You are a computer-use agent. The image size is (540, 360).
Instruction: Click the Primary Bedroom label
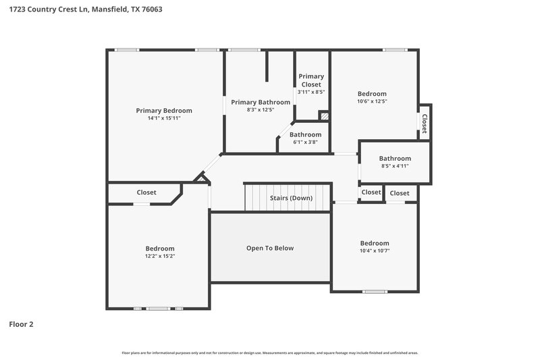(164, 111)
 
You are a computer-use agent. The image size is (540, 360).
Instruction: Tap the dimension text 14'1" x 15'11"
(164, 118)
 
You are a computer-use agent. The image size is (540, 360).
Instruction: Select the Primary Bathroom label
(261, 102)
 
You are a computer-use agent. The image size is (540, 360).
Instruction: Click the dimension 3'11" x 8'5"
(311, 93)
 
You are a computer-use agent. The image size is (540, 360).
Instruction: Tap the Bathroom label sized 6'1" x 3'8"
(306, 134)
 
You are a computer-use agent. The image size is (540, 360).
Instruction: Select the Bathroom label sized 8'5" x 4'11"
(395, 159)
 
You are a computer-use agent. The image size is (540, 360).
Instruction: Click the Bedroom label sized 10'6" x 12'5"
(372, 94)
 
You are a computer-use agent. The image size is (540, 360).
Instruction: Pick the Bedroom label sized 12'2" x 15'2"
(160, 249)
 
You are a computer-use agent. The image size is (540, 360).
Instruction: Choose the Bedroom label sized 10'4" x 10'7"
(374, 243)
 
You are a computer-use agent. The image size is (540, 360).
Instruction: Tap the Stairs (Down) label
(291, 198)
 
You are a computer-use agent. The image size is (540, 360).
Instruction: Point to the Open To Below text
(270, 248)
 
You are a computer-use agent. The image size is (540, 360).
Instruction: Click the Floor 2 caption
(21, 324)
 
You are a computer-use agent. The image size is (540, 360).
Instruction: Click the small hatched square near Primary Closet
(324, 116)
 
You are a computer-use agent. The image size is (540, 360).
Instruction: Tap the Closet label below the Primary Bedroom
(146, 192)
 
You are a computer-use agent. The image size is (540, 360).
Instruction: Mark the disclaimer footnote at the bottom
(270, 353)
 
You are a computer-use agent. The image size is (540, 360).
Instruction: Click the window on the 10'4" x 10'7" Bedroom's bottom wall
(375, 292)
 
